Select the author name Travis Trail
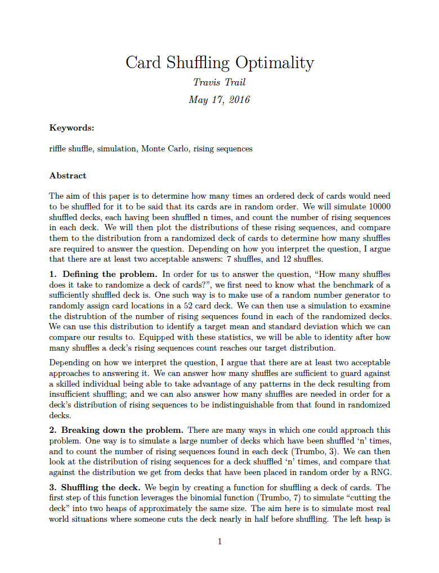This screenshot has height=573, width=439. (x=219, y=82)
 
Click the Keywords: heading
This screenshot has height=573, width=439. (x=71, y=128)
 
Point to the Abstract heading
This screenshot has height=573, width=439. (x=68, y=176)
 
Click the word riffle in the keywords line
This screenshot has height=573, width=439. (x=58, y=149)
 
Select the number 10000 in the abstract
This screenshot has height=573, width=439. (x=379, y=207)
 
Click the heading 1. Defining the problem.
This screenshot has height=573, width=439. (x=103, y=274)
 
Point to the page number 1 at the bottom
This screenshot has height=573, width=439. (x=219, y=541)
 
